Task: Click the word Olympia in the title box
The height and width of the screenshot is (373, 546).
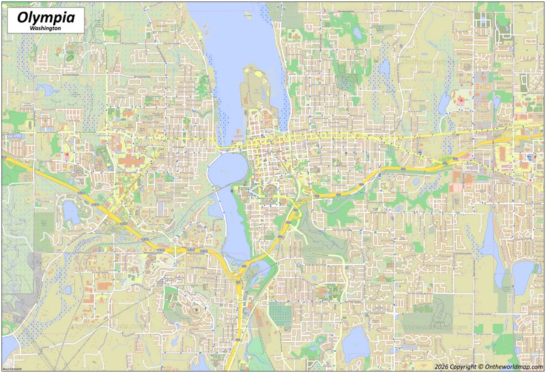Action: pyautogui.click(x=43, y=17)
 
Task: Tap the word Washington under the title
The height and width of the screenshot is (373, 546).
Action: pyautogui.click(x=44, y=29)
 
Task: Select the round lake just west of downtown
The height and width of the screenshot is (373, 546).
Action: pyautogui.click(x=225, y=169)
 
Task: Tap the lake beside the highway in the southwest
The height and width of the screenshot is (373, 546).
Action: pyautogui.click(x=71, y=212)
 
